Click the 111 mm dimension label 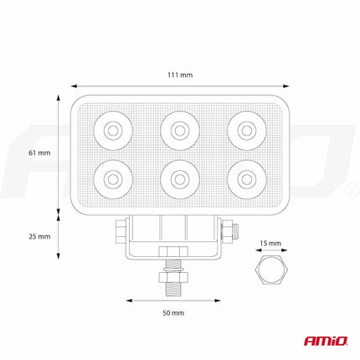click(180, 75)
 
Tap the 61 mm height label click(39, 153)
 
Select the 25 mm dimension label click(39, 236)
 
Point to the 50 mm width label click(173, 311)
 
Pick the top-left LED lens click(111, 129)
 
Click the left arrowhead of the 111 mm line click(73, 85)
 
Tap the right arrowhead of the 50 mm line click(221, 299)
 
